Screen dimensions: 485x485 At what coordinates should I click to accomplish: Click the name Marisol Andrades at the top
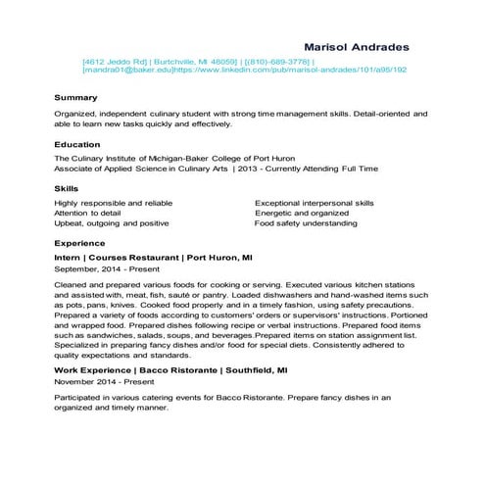pyautogui.click(x=357, y=46)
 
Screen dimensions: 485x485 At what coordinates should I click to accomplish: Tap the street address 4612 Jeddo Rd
pyautogui.click(x=116, y=61)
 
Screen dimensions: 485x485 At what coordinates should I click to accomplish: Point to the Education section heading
pyautogui.click(x=79, y=144)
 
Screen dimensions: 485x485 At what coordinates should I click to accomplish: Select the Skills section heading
pyautogui.click(x=67, y=187)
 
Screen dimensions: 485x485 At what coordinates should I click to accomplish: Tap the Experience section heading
pyautogui.click(x=81, y=241)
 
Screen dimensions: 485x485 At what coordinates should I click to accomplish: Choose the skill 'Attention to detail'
pyautogui.click(x=88, y=213)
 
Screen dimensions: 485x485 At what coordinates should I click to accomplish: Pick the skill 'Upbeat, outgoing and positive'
pyautogui.click(x=112, y=223)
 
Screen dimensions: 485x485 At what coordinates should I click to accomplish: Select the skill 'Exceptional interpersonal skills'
pyautogui.click(x=315, y=202)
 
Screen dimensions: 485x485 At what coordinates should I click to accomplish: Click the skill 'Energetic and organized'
pyautogui.click(x=302, y=213)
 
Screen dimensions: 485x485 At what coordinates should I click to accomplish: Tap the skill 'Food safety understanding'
pyautogui.click(x=306, y=223)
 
